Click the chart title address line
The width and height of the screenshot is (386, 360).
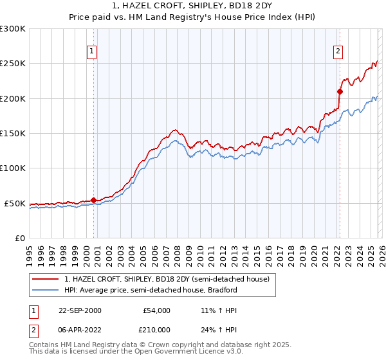click(x=193, y=6)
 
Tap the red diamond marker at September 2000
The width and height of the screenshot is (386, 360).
click(x=94, y=200)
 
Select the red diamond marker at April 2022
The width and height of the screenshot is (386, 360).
click(x=340, y=91)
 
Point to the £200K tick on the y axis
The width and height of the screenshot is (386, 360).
click(x=13, y=98)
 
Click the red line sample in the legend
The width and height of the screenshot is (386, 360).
click(x=46, y=279)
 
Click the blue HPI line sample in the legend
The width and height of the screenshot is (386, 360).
click(x=46, y=290)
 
